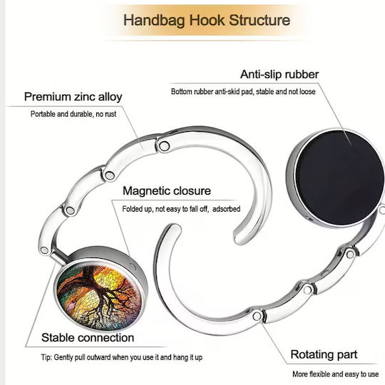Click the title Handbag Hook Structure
(207, 20)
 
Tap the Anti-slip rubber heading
(279, 74)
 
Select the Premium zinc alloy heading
(73, 97)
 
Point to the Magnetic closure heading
(167, 191)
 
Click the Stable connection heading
(88, 338)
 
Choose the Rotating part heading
(324, 355)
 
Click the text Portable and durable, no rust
(73, 114)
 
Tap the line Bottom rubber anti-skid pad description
(243, 91)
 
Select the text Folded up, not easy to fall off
(165, 209)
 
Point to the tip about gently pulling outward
(122, 357)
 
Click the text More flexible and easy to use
(335, 374)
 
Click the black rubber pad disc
(339, 178)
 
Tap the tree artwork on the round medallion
(99, 296)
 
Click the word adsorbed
(227, 209)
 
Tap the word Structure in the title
(260, 20)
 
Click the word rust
(111, 114)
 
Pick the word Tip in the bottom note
(46, 357)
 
